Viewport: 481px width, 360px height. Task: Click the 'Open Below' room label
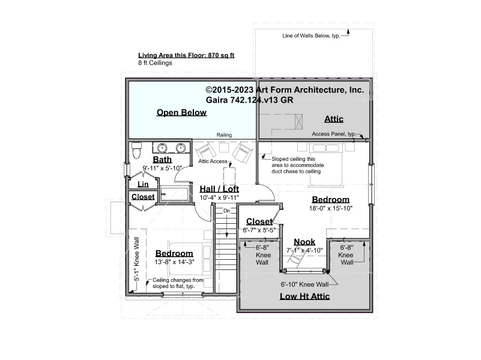181,112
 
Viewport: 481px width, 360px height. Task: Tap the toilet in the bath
136,151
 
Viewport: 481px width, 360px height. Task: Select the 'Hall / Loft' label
219,189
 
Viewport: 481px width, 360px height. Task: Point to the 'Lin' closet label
143,184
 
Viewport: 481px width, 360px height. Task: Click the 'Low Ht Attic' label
304,296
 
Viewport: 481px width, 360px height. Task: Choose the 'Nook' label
304,242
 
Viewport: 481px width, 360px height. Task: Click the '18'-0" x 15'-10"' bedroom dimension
331,208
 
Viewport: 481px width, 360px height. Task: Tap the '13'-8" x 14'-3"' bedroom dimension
174,262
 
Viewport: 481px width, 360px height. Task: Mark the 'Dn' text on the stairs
226,211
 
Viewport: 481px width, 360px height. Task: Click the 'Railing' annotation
224,135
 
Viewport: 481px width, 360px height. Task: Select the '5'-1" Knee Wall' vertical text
136,259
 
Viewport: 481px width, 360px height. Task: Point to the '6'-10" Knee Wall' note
304,284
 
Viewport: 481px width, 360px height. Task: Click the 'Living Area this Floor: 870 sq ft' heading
186,55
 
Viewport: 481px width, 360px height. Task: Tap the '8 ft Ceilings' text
155,63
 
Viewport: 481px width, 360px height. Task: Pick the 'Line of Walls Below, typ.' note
311,36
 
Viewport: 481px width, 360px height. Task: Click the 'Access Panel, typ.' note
334,134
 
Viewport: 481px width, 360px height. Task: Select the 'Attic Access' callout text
213,161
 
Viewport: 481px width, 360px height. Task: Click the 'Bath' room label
162,160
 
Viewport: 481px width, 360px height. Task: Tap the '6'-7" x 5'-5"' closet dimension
259,230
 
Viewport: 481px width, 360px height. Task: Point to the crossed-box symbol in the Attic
298,122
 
